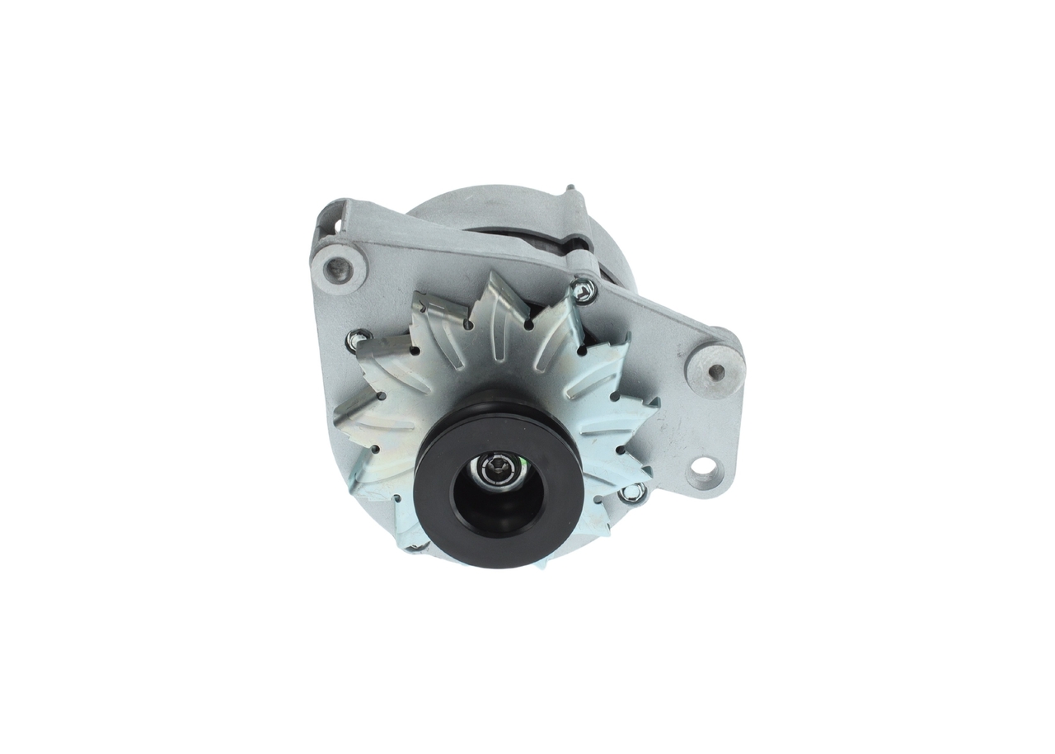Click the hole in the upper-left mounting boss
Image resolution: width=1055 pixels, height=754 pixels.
[x=336, y=267]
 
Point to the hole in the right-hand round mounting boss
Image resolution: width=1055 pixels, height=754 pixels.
[x=715, y=372]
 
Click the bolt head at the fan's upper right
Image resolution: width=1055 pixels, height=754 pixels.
[x=585, y=290]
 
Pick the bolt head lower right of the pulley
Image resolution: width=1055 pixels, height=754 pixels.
[x=632, y=492]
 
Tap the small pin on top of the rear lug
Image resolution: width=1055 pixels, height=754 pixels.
[x=569, y=189]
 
